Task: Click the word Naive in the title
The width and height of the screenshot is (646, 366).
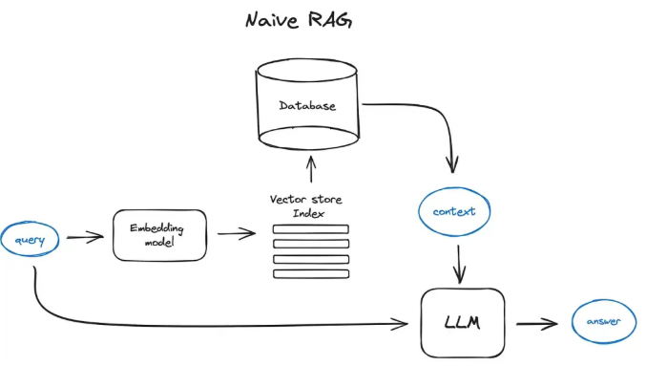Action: click(272, 20)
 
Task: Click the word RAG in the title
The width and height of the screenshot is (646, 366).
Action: click(330, 19)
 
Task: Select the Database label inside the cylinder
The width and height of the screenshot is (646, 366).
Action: click(307, 106)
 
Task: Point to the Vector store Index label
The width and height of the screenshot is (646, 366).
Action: click(306, 205)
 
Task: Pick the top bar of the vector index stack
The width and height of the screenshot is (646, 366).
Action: click(311, 229)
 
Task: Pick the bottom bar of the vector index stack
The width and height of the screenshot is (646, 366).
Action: click(311, 273)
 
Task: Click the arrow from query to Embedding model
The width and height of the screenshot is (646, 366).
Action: click(85, 237)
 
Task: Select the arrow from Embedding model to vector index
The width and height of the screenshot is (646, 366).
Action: click(236, 234)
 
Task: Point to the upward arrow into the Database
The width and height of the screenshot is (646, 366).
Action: click(311, 169)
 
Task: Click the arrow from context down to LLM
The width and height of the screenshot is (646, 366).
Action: click(459, 264)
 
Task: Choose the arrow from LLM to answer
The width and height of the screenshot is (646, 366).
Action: click(537, 324)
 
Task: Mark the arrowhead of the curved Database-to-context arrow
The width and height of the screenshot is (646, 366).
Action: click(452, 165)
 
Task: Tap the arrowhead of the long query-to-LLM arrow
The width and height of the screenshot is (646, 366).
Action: click(400, 324)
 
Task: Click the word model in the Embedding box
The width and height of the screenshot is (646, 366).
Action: click(159, 243)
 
